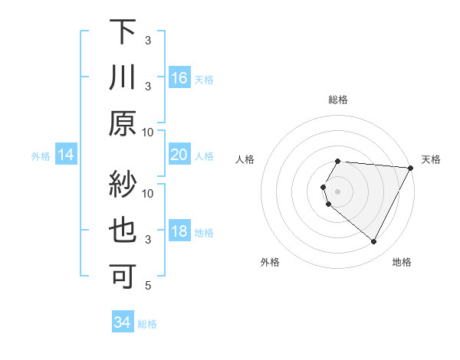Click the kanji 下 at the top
tap(123, 32)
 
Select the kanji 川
tap(123, 77)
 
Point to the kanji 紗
tap(123, 185)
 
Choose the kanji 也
tap(123, 231)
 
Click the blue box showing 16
tap(179, 78)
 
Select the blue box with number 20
tap(179, 155)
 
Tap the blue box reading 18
tap(179, 231)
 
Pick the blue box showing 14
tap(66, 155)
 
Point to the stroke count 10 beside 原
tap(148, 133)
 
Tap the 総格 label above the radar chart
tap(338, 100)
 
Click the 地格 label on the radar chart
tap(402, 262)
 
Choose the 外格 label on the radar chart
tap(270, 262)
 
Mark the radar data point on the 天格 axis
tap(410, 167)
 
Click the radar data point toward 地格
tap(374, 242)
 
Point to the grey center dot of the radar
tap(338, 190)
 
